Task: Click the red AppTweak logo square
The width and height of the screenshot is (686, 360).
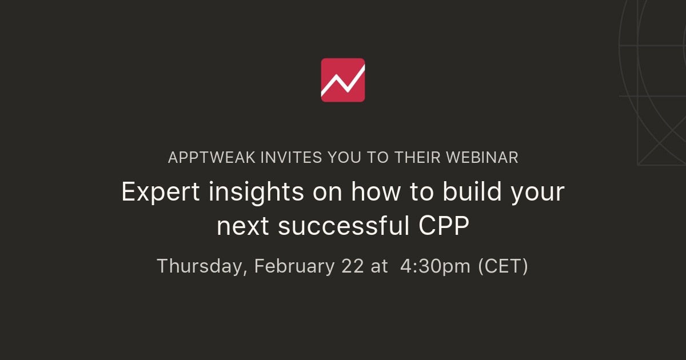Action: [x=343, y=80]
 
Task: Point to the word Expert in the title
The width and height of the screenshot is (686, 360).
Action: [x=161, y=193]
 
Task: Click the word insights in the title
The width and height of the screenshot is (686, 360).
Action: [x=256, y=193]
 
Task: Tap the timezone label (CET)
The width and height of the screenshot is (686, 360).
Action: [x=503, y=266]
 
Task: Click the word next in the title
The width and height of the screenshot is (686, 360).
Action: [x=244, y=227]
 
